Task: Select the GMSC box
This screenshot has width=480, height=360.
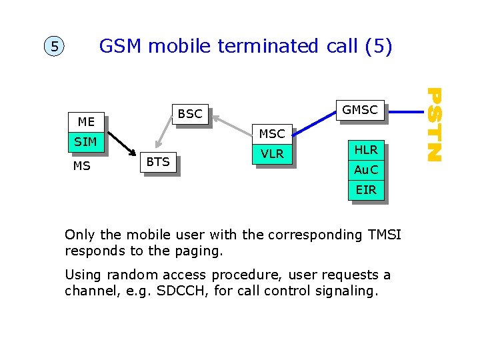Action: [x=360, y=110]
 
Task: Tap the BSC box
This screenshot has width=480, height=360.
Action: [x=190, y=114]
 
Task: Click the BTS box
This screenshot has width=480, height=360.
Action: [x=158, y=161]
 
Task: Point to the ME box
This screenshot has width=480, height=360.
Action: [x=86, y=121]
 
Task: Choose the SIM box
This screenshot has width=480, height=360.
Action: [x=86, y=141]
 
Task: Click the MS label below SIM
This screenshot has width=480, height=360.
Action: [x=82, y=166]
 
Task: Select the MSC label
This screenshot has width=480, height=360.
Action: [x=272, y=134]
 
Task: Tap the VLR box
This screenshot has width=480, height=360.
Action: [x=272, y=154]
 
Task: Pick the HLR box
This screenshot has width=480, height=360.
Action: [x=366, y=151]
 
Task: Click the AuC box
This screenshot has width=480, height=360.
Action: [x=366, y=170]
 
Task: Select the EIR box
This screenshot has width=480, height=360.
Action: [x=366, y=190]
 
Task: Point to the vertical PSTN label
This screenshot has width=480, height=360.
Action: [x=434, y=125]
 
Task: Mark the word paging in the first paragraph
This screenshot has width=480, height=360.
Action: [x=201, y=251]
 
